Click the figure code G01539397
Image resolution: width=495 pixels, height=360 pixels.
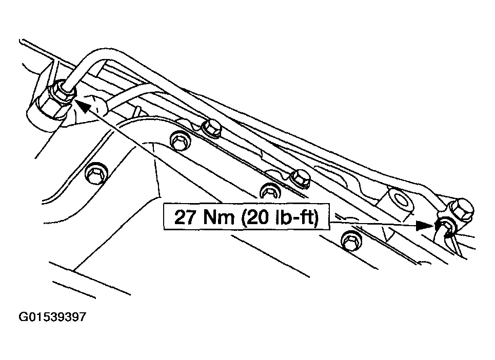[52, 316]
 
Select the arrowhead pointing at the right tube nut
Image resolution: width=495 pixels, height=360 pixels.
[425, 225]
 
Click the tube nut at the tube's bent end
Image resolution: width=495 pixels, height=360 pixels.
[64, 91]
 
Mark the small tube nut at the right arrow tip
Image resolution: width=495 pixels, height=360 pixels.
[446, 227]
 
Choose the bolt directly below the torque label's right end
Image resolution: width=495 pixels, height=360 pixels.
[352, 242]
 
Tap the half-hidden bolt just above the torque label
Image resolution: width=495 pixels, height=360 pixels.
[270, 191]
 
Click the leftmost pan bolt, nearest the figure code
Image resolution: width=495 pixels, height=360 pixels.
[96, 173]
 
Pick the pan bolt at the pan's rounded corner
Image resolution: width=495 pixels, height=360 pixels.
[180, 141]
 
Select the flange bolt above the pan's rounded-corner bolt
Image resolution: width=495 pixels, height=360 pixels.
[210, 128]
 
